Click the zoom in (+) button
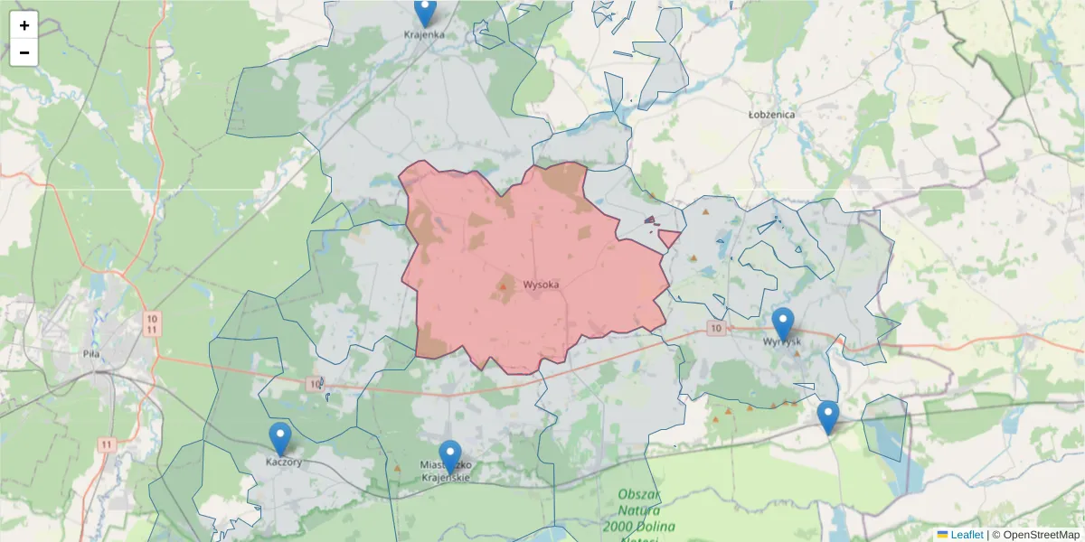[24, 25]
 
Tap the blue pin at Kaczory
[280, 438]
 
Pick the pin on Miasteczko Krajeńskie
[450, 455]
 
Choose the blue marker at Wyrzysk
[783, 323]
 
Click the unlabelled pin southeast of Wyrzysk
[827, 416]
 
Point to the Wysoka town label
[541, 285]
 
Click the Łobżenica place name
[771, 116]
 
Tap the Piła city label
[90, 354]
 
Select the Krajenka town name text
[424, 35]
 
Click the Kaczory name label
[283, 462]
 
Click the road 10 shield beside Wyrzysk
[716, 328]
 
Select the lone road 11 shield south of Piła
[108, 444]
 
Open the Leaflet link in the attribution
[967, 535]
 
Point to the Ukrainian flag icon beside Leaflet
[943, 535]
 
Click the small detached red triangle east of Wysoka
[669, 238]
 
